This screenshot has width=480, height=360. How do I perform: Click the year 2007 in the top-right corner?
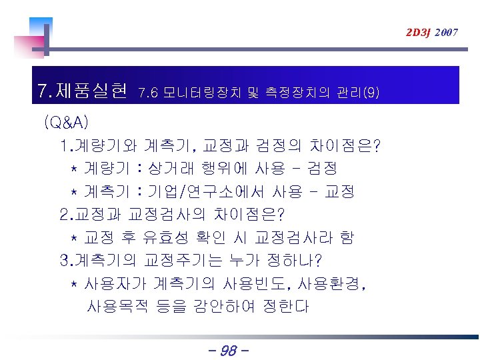coord(446,32)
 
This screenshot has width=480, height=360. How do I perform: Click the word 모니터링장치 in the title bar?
coord(189,93)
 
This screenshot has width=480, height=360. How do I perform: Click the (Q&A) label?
coord(66,123)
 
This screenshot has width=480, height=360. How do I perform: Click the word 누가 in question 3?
coord(247,261)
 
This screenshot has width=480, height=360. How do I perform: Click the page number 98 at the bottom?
coord(229,349)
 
